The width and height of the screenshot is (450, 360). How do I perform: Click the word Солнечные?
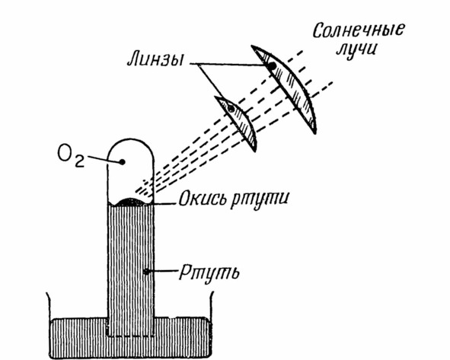(x=358, y=30)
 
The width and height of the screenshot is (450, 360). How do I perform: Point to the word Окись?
(x=203, y=198)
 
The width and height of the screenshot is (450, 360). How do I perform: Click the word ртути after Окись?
(x=259, y=199)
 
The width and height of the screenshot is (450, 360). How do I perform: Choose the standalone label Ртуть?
(x=209, y=273)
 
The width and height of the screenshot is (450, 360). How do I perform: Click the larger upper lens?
(x=284, y=90)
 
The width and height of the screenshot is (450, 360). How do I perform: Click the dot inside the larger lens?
(x=272, y=66)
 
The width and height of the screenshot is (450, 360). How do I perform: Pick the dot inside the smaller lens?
(x=231, y=108)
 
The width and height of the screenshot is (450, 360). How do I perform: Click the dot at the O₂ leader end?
(x=122, y=162)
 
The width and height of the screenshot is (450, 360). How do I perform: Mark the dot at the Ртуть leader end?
(x=147, y=272)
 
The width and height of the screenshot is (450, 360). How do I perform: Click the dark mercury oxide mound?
(x=130, y=202)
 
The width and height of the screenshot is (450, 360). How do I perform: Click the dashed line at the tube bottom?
(x=130, y=336)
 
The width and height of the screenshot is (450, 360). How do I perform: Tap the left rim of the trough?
(x=48, y=305)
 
